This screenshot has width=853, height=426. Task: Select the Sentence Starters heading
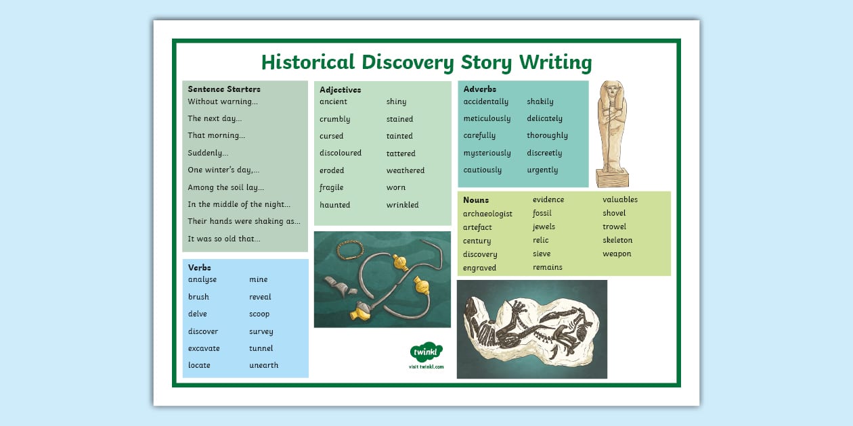(224, 89)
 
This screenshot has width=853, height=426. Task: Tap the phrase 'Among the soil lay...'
(226, 187)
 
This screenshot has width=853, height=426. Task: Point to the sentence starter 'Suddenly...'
(208, 153)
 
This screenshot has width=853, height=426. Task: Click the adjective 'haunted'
(334, 205)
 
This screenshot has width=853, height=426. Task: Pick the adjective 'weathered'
(406, 170)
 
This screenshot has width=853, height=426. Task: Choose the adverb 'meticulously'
(487, 118)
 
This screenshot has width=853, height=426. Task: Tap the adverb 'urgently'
(542, 170)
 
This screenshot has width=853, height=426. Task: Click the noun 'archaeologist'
(487, 214)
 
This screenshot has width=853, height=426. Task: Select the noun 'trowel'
(614, 227)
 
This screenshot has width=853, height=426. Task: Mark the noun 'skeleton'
(617, 240)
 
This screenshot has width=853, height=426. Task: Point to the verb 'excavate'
(204, 348)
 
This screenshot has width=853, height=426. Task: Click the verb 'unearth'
(263, 365)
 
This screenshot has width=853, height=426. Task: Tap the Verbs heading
(200, 268)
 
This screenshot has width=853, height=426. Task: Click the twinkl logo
(426, 352)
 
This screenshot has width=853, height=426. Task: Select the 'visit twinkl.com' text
(426, 366)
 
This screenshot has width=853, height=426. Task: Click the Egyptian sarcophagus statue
(612, 133)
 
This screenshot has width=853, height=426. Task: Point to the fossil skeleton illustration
(531, 329)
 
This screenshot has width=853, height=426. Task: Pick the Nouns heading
(476, 200)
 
